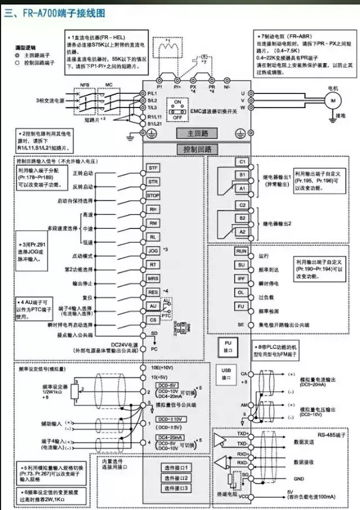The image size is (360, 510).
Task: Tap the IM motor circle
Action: coord(332,100)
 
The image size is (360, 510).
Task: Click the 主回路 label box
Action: coord(193,133)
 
